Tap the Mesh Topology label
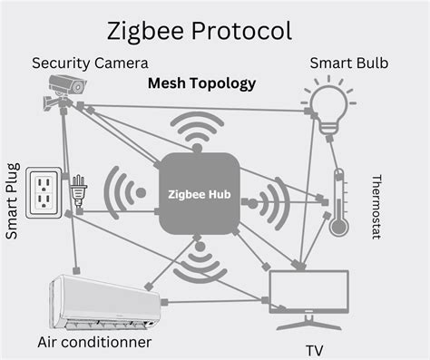click(x=201, y=83)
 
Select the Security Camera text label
click(x=90, y=63)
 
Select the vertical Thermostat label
click(x=376, y=207)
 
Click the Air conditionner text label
click(x=93, y=342)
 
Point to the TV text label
click(x=314, y=349)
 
